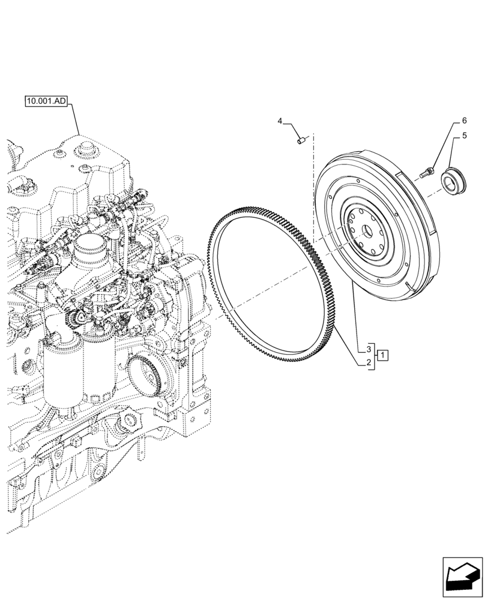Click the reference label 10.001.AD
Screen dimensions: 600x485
(46, 101)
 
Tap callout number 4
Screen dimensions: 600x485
(280, 122)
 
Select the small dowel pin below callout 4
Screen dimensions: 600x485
(303, 141)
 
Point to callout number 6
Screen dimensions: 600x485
(464, 121)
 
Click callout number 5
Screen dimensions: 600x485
(464, 137)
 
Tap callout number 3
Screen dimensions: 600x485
(365, 349)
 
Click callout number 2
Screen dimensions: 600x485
(365, 362)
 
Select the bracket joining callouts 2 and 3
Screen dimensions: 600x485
(375, 356)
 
